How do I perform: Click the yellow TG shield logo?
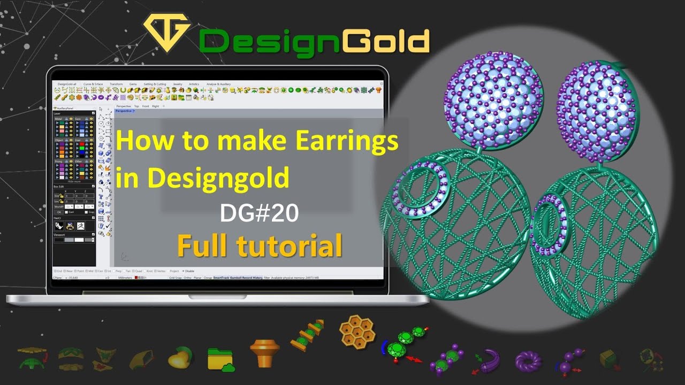point(167,32)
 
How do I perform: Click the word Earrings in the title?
point(347,142)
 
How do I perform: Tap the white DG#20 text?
point(259,213)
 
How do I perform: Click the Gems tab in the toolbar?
point(133,84)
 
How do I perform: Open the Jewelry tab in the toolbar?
point(177,84)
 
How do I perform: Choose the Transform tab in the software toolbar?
point(116,84)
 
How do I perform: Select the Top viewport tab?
point(136,106)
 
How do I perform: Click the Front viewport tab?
point(146,106)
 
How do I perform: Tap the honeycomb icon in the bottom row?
point(357,332)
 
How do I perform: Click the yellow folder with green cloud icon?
point(220,359)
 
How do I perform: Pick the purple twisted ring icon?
point(528,361)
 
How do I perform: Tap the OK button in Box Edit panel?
point(59,212)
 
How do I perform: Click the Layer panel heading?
point(57,113)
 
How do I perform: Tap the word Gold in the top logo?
point(385,41)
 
